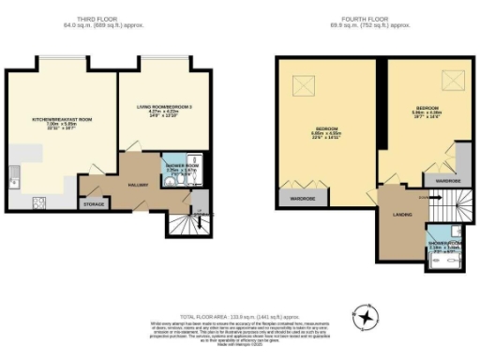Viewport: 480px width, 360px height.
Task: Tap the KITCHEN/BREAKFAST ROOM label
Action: [62, 120]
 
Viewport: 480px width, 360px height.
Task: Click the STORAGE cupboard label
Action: [93, 203]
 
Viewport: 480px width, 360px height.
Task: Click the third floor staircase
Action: [193, 222]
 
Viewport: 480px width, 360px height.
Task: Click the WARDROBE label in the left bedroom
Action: [299, 199]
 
